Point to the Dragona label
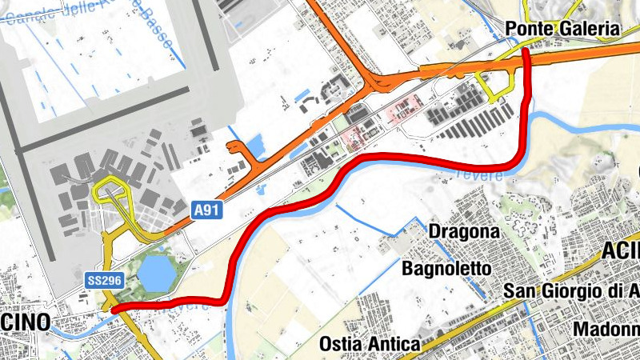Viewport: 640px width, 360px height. [x=464, y=232]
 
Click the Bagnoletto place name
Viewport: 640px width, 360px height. [x=446, y=268]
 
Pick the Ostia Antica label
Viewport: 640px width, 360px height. [x=369, y=344]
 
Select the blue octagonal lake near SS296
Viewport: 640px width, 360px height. [x=156, y=273]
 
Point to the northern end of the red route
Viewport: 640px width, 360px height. [x=526, y=51]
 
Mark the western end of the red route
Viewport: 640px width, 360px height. [x=114, y=309]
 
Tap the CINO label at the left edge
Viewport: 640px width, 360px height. [x=24, y=322]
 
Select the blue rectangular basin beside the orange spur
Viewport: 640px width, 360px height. [x=258, y=146]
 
